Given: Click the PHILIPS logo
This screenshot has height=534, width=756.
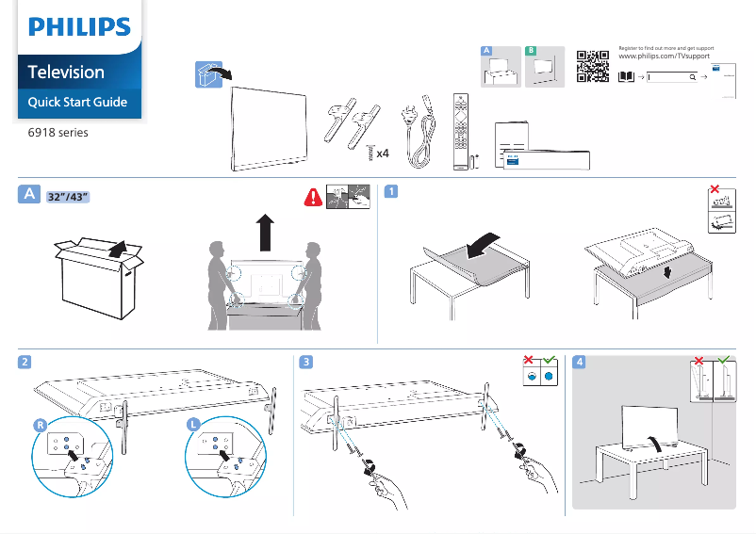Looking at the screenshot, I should point(79,28).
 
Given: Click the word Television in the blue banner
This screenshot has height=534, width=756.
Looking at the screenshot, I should point(66,72).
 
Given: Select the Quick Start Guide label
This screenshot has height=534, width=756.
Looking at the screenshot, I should point(77,102).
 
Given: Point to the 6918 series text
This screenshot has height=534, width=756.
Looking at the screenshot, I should point(58,133).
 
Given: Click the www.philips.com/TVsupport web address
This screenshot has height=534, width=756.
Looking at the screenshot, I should point(665,57).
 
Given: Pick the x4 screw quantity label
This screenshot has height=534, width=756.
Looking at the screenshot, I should point(383,153).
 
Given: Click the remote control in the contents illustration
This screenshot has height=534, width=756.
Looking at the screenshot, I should point(460,132).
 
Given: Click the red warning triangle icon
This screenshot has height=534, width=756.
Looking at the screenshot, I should point(312,197).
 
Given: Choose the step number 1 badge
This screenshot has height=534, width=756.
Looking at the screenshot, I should point(390,192).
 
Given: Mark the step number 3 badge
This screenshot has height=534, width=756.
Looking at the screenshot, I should point(306,362).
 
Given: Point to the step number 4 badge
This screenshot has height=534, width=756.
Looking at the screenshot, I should point(579,362).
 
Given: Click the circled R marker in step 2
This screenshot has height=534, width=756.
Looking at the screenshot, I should point(41,426).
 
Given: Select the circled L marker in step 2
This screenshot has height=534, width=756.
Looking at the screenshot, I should point(193,426).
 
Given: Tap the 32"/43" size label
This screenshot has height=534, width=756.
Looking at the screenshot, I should point(68,196).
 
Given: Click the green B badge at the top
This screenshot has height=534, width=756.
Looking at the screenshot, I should point(531,50).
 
